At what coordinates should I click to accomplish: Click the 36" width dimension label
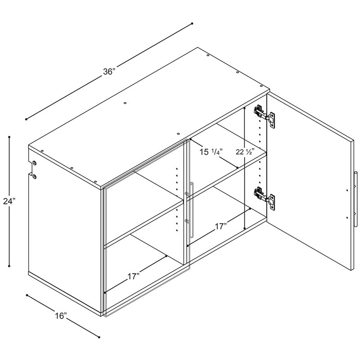[x=109, y=72]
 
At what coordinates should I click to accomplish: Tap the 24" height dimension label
[x=9, y=201]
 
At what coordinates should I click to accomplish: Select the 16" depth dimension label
[x=61, y=316]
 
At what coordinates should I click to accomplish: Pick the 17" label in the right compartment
[x=220, y=226]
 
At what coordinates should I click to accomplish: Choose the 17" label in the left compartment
[x=133, y=277]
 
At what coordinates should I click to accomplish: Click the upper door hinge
[x=264, y=117]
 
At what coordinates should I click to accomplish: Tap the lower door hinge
[x=264, y=198]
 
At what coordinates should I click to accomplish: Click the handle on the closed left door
[x=191, y=210]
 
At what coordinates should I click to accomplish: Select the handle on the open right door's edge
[x=355, y=199]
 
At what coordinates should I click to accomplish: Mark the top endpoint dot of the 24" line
[x=9, y=137]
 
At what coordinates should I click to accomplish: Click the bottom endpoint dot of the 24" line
[x=9, y=266]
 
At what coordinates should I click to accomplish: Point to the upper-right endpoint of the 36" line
[x=192, y=23]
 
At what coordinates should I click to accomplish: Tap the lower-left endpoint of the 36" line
[x=26, y=119]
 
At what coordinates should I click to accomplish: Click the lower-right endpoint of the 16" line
[x=99, y=337]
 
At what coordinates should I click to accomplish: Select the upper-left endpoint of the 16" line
[x=27, y=295]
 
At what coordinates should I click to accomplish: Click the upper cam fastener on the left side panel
[x=35, y=163]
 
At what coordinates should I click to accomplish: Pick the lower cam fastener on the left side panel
[x=35, y=176]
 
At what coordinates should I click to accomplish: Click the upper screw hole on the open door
[x=347, y=190]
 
